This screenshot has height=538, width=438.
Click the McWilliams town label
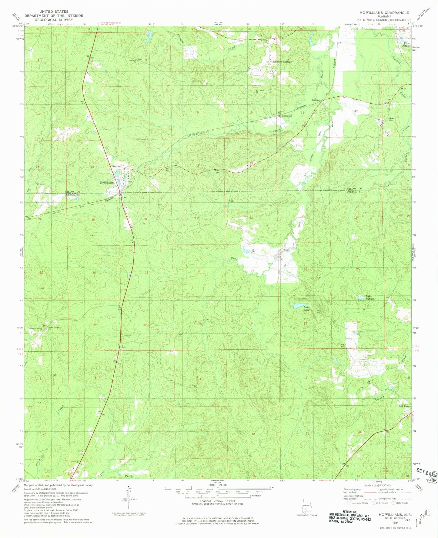coord(108,183)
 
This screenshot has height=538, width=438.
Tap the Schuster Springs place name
coord(282,61)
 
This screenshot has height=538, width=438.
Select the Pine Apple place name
coord(406,45)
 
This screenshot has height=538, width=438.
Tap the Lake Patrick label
coord(370,297)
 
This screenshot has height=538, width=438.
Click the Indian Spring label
coord(35,328)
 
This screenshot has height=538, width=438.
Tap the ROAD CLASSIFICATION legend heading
coord(377,485)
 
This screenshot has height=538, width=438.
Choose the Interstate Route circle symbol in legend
coord(349,503)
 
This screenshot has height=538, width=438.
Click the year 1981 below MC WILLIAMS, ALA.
coord(395,523)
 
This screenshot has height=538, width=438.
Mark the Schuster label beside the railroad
coord(287,116)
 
